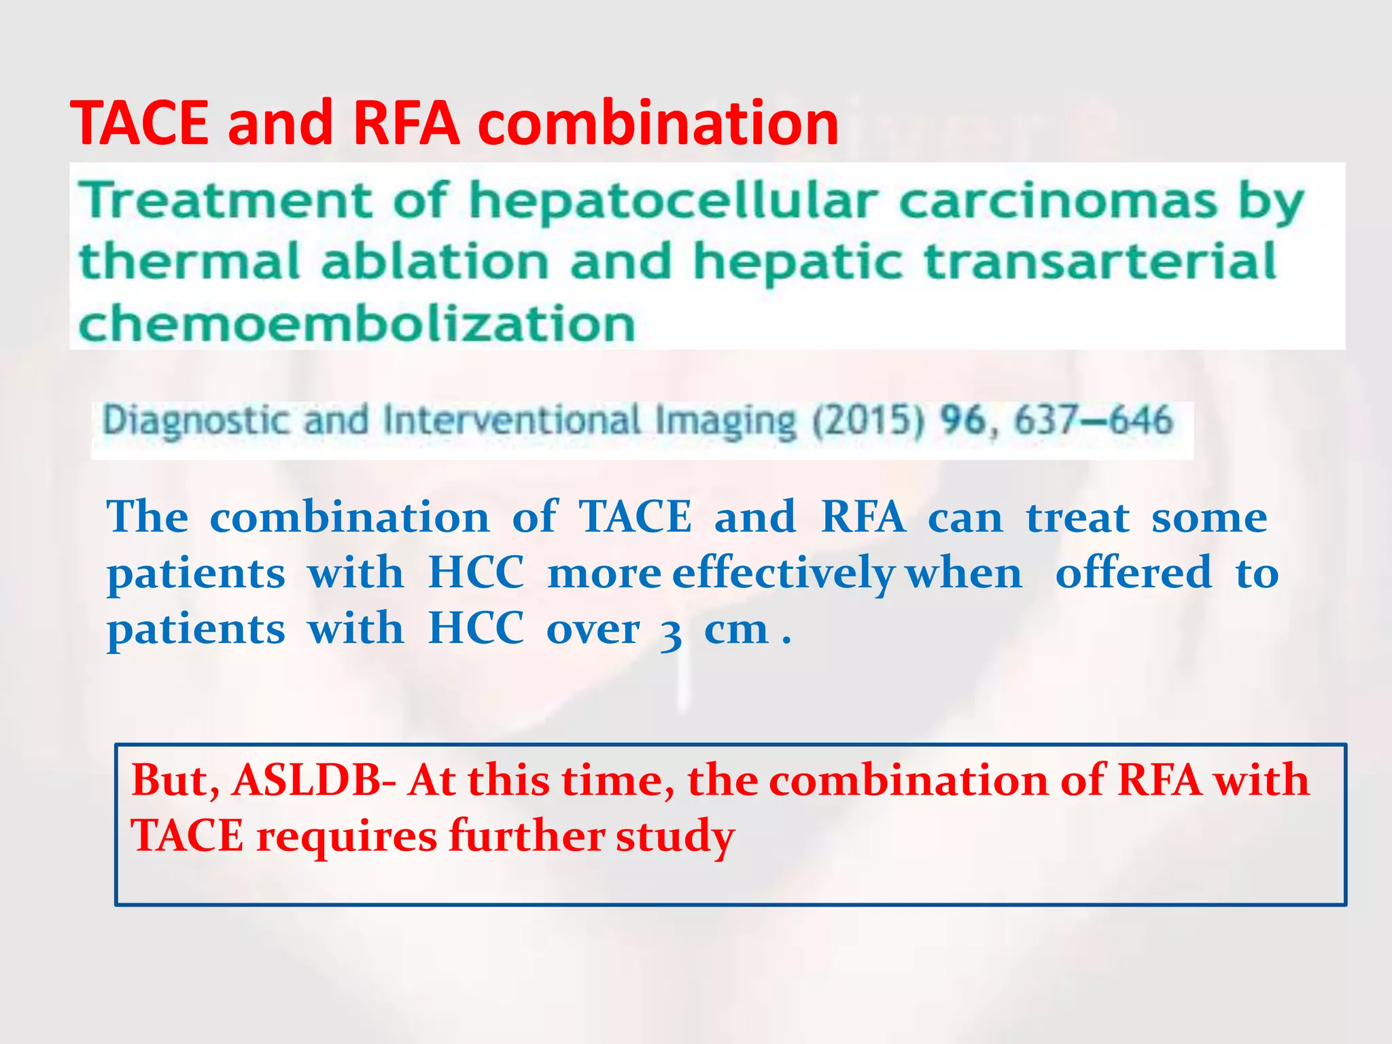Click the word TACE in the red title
pos(139,123)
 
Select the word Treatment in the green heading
pos(225,201)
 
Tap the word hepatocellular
pos(673,201)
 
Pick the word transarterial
pos(1101,262)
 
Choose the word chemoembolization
pos(358,324)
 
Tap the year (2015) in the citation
pos(868,421)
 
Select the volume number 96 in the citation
pos(962,419)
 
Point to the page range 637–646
pos(1094,419)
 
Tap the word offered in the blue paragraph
pos(1133,572)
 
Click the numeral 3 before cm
pos(671,633)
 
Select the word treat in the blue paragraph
pos(1077,518)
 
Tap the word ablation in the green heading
pos(435,262)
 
